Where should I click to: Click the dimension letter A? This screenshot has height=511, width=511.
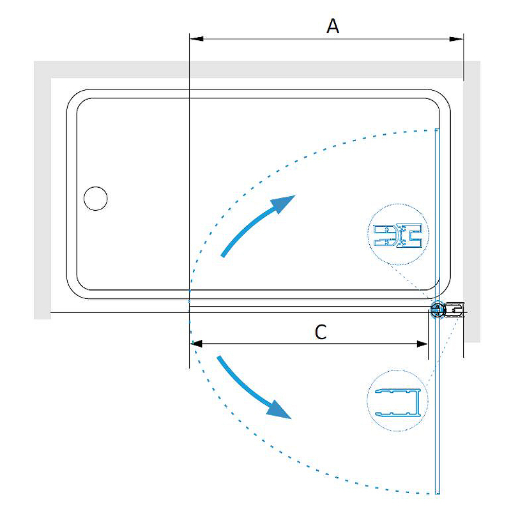pyautogui.click(x=333, y=26)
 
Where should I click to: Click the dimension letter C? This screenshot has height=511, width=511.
pyautogui.click(x=321, y=332)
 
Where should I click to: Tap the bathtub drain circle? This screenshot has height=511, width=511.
pyautogui.click(x=95, y=199)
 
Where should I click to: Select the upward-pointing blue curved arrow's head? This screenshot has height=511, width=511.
pyautogui.click(x=283, y=204)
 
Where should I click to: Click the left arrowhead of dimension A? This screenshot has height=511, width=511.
pyautogui.click(x=197, y=39)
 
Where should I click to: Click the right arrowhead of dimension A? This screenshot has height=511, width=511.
pyautogui.click(x=456, y=39)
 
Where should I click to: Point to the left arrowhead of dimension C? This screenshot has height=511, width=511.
pyautogui.click(x=197, y=344)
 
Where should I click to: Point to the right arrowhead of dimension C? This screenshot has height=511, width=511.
pyautogui.click(x=422, y=344)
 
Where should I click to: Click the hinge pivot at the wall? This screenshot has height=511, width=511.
pyautogui.click(x=437, y=309)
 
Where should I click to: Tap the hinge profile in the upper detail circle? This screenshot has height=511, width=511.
pyautogui.click(x=398, y=235)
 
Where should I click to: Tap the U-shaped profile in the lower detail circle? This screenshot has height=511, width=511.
pyautogui.click(x=398, y=403)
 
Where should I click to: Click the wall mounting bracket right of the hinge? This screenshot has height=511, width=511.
pyautogui.click(x=454, y=310)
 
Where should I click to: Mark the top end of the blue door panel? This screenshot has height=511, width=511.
pyautogui.click(x=438, y=130)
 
